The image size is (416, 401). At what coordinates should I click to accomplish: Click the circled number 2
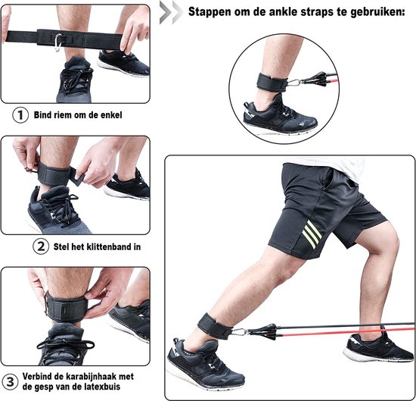[x=41, y=246]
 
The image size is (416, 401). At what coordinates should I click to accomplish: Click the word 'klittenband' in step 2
[x=109, y=246]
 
